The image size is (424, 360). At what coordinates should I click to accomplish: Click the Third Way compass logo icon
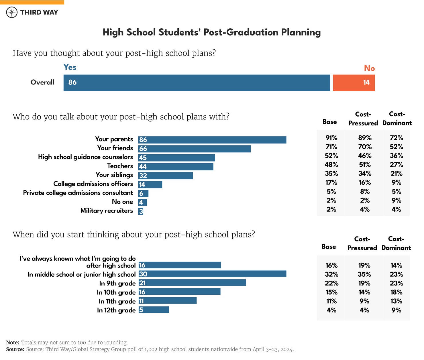pyautogui.click(x=12, y=12)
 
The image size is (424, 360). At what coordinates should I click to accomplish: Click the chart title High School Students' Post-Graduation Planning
pyautogui.click(x=211, y=32)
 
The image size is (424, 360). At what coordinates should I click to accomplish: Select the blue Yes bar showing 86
pyautogui.click(x=197, y=83)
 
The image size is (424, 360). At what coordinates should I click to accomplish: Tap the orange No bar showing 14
pyautogui.click(x=354, y=83)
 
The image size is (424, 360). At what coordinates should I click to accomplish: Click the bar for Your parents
pyautogui.click(x=212, y=140)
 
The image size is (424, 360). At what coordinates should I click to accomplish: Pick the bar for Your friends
pyautogui.click(x=194, y=149)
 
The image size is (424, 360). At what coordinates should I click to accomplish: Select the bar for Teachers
pyautogui.click(x=176, y=167)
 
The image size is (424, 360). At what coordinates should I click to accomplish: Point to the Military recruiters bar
pyautogui.click(x=141, y=211)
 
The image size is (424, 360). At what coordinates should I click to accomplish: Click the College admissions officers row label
pyautogui.click(x=93, y=184)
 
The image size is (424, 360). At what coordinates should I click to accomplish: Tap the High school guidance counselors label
pyautogui.click(x=85, y=157)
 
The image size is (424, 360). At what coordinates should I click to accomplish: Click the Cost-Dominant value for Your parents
pyautogui.click(x=396, y=138)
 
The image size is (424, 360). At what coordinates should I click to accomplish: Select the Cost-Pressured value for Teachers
pyautogui.click(x=365, y=165)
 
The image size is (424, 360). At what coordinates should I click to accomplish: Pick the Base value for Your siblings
pyautogui.click(x=331, y=174)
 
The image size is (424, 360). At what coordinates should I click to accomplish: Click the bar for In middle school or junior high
pyautogui.click(x=212, y=274)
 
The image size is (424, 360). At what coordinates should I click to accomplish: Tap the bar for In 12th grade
pyautogui.click(x=154, y=310)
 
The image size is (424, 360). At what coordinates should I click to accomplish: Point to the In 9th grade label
pyautogui.click(x=117, y=283)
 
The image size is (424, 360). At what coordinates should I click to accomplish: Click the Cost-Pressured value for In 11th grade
pyautogui.click(x=364, y=301)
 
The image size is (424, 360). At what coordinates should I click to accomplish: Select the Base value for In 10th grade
pyautogui.click(x=331, y=292)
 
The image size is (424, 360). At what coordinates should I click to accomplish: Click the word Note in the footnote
pyautogui.click(x=13, y=343)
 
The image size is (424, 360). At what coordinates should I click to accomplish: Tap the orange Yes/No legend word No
pyautogui.click(x=369, y=68)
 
